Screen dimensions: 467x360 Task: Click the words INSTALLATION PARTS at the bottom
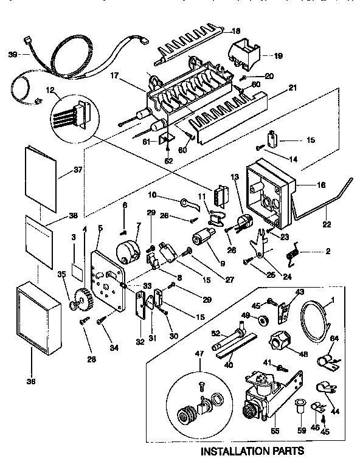pos(252,451)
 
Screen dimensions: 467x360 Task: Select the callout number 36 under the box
pos(31,381)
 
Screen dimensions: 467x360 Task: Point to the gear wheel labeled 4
pos(80,298)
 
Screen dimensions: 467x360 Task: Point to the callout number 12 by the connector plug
pos(50,91)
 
